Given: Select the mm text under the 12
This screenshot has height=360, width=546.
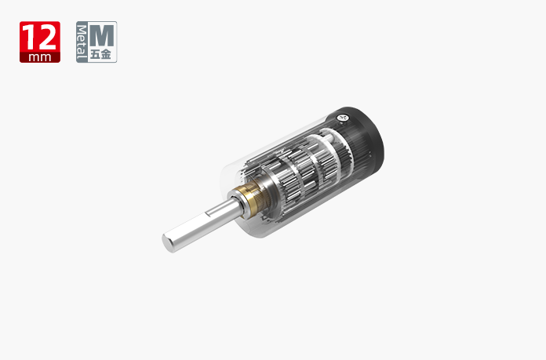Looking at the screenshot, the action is (40, 57).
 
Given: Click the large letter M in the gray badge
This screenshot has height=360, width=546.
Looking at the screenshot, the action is (102, 35).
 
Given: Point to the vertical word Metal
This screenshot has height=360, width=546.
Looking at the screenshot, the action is (82, 42).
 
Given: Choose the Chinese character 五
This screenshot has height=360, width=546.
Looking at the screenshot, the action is (95, 54).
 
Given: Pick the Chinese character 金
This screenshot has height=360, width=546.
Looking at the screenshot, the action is (106, 54).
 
